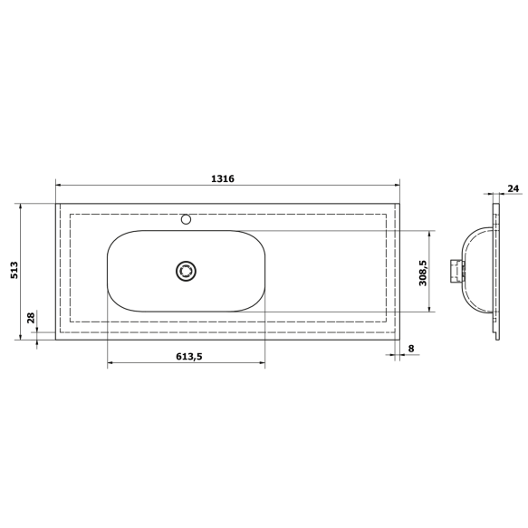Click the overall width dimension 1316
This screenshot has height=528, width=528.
coord(223,178)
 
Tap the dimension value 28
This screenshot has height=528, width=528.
coord(31,317)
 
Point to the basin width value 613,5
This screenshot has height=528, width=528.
coord(187,356)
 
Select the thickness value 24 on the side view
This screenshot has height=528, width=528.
coord(513,188)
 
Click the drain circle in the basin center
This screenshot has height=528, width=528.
coord(187,271)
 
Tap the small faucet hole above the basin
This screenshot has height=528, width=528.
coord(187,218)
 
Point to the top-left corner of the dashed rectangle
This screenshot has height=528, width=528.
coord(70,214)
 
